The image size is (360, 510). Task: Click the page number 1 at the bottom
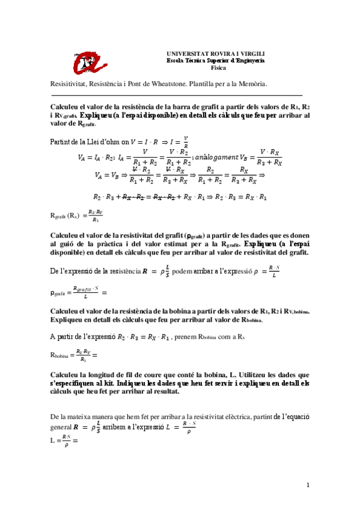point(307,485)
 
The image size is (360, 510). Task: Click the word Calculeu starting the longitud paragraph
point(66,374)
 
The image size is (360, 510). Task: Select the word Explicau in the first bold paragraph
point(94,114)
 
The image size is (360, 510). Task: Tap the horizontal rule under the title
point(180,95)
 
